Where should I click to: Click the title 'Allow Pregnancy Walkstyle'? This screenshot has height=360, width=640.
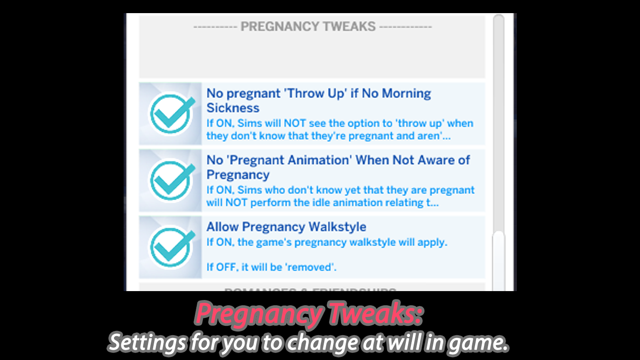tap(286, 227)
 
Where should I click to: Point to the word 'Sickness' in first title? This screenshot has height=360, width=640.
tap(233, 108)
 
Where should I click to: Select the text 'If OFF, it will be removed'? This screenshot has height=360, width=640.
tap(272, 267)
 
